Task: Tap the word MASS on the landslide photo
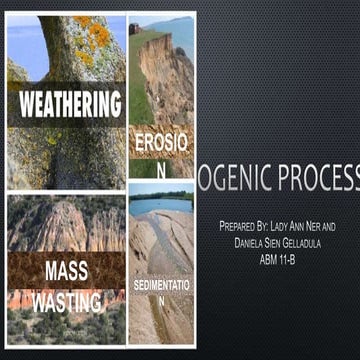pyautogui.click(x=67, y=270)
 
